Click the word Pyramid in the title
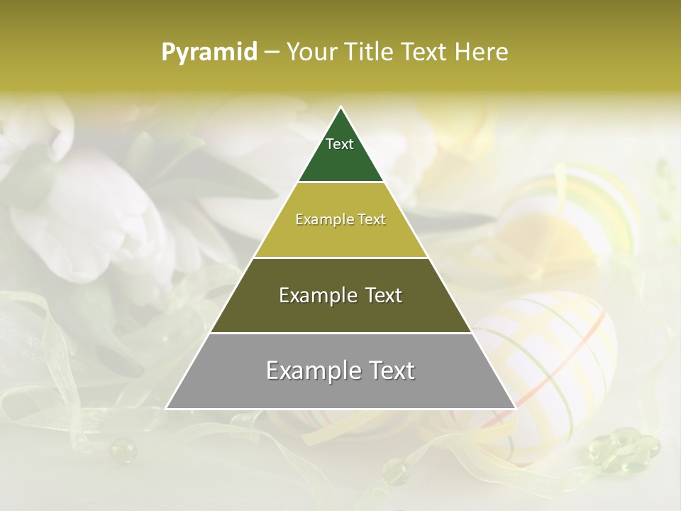point(209,52)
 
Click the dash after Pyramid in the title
point(272,53)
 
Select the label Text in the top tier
point(340,144)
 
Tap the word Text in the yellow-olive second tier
point(372,219)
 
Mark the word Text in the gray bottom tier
point(391,370)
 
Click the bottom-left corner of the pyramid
point(167,408)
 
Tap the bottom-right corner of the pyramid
point(514,408)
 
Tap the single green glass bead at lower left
point(122,449)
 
